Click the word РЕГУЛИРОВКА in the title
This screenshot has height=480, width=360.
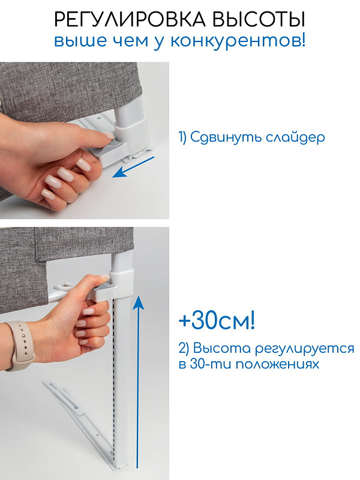pyautogui.click(x=130, y=20)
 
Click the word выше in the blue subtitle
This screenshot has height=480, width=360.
pyautogui.click(x=81, y=41)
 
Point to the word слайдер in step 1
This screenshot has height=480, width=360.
pyautogui.click(x=295, y=138)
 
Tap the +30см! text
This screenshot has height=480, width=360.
pyautogui.click(x=217, y=321)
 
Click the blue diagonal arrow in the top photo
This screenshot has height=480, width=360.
pyautogui.click(x=133, y=167)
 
